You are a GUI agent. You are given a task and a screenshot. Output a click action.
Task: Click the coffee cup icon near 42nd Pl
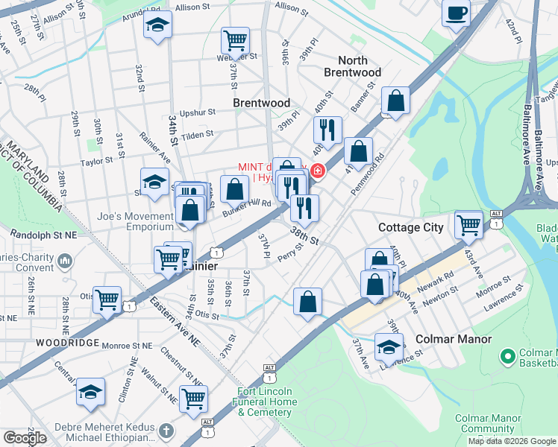coord(456,13)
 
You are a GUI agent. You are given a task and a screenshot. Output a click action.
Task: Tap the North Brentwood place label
coord(352,66)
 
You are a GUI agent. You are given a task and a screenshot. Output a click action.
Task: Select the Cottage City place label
coord(410,227)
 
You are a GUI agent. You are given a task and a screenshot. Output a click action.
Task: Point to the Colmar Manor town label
coord(453,339)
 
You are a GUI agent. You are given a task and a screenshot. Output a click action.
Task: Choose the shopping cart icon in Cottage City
coord(468,223)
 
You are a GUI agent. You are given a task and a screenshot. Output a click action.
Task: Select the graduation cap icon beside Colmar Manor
coord(389,346)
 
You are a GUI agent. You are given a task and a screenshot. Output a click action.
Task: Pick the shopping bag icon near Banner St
coord(395,100)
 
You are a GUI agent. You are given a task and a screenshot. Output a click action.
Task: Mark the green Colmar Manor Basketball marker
coord(508,358)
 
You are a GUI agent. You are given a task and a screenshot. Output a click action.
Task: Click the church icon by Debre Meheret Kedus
coord(166,431)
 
